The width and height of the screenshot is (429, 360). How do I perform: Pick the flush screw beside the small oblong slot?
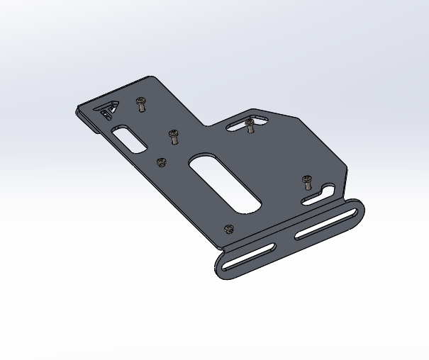(161, 162)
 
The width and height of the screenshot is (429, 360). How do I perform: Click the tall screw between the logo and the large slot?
(172, 136)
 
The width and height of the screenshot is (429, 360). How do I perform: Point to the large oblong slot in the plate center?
(225, 184)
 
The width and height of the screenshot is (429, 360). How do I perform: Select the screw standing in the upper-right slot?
(250, 125)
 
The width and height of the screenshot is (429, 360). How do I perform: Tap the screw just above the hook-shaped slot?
(306, 181)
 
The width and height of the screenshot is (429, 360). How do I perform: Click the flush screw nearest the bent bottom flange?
(228, 229)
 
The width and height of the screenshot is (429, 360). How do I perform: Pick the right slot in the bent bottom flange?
(324, 224)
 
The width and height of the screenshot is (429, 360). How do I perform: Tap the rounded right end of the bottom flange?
(360, 208)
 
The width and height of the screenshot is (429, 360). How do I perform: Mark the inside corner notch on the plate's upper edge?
(206, 126)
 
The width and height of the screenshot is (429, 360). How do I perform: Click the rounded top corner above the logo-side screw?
(150, 78)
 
